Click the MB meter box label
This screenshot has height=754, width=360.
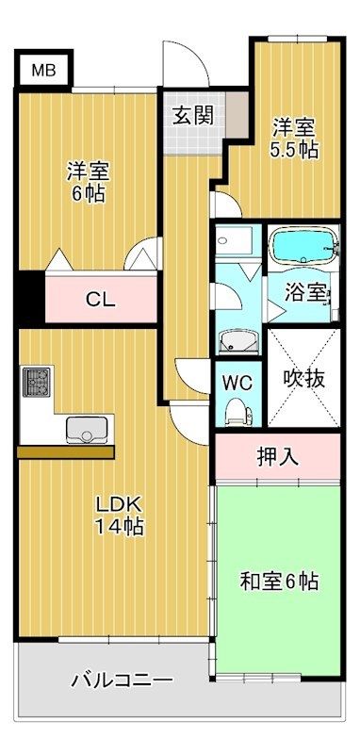point(43,70)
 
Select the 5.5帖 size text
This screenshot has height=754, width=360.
point(294,150)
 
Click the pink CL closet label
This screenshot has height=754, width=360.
point(101,300)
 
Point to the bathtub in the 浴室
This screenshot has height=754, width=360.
point(302,245)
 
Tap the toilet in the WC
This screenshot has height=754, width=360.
point(238,412)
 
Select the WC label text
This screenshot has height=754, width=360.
point(237,383)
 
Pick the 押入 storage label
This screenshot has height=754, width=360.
point(278,457)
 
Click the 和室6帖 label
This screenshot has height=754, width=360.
point(279,582)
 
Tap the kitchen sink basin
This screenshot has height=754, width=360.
point(87,430)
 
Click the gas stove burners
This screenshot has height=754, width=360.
point(37,382)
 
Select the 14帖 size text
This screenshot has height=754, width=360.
point(119,527)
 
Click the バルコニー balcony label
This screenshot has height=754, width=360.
point(123,680)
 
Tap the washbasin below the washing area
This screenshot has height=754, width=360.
point(238,342)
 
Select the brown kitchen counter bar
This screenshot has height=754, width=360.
point(66,452)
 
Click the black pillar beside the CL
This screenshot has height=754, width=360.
point(30,299)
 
